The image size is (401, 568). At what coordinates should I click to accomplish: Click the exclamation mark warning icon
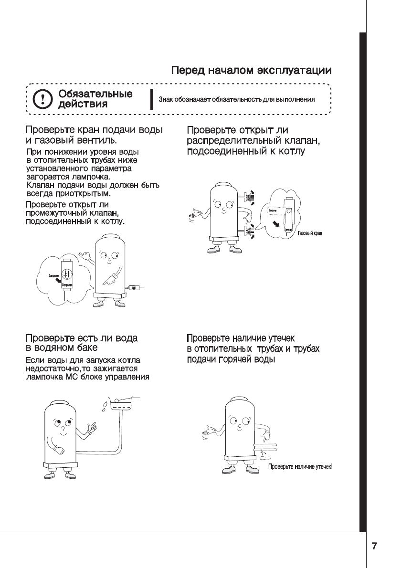[43, 99]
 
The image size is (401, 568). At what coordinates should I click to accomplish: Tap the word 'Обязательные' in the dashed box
[95, 94]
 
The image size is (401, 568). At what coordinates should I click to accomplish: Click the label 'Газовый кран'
[310, 233]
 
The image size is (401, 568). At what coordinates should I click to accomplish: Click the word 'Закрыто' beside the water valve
[53, 275]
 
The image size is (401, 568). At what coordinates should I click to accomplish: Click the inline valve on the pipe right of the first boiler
[134, 288]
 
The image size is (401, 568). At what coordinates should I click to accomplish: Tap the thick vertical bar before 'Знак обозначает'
[151, 100]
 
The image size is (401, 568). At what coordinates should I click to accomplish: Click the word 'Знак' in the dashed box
[165, 100]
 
